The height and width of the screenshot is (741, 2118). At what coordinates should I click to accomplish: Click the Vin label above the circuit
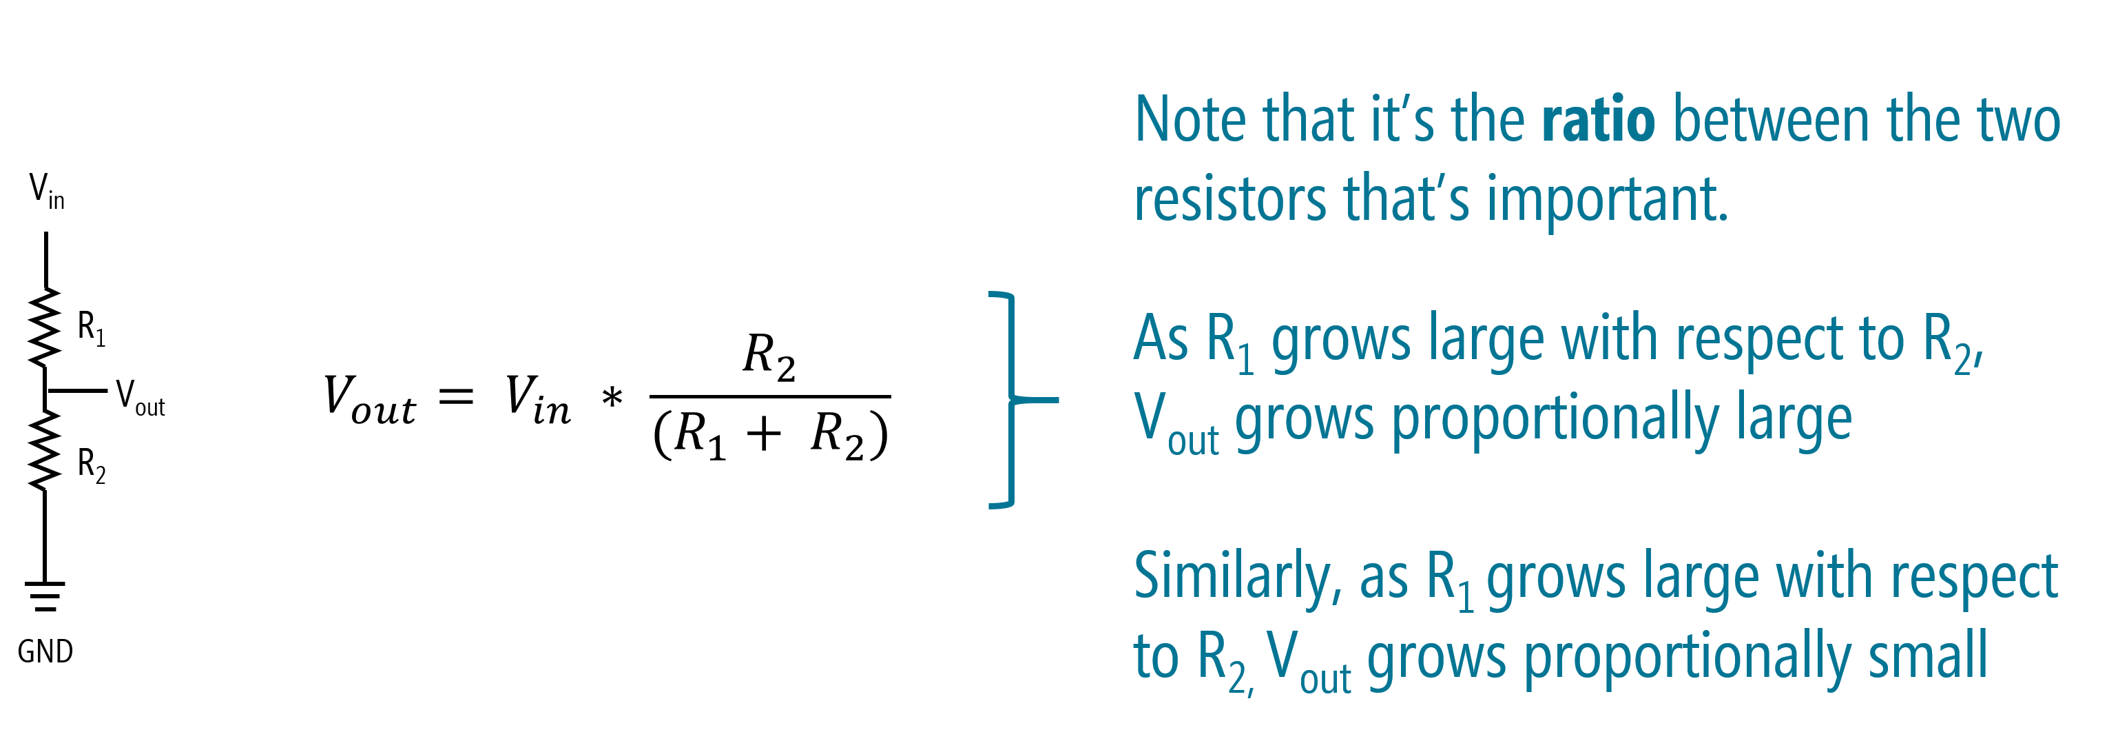click(47, 191)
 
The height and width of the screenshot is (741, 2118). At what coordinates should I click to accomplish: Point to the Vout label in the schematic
click(140, 398)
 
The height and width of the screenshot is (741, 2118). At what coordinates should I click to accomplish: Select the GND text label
click(45, 651)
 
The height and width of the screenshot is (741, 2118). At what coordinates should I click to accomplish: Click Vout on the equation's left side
click(370, 400)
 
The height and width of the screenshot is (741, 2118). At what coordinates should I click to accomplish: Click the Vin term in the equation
click(538, 400)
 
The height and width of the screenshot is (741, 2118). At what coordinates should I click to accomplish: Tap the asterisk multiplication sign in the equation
click(612, 397)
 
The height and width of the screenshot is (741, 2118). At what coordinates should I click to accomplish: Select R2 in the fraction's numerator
click(769, 357)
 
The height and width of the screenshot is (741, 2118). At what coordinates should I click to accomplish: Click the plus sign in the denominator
click(764, 434)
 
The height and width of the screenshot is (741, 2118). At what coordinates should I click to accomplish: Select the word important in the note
click(1608, 200)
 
